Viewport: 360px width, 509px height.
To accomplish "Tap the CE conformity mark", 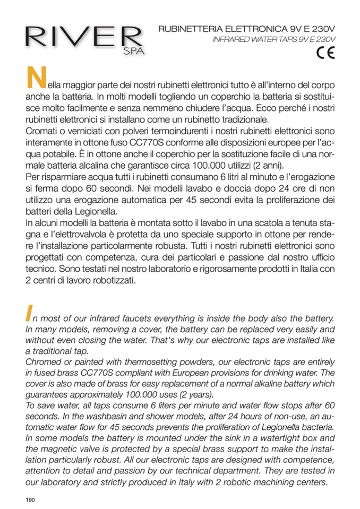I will (324, 53).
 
